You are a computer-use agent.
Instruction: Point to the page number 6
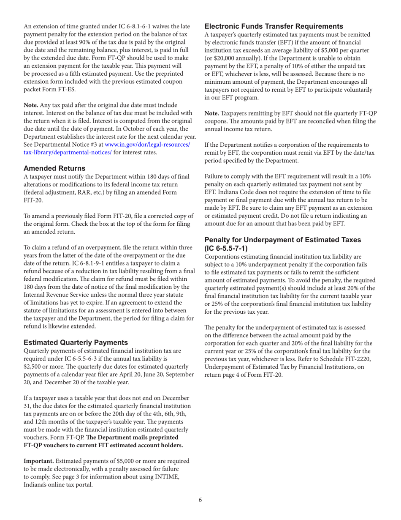click(x=200, y=500)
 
